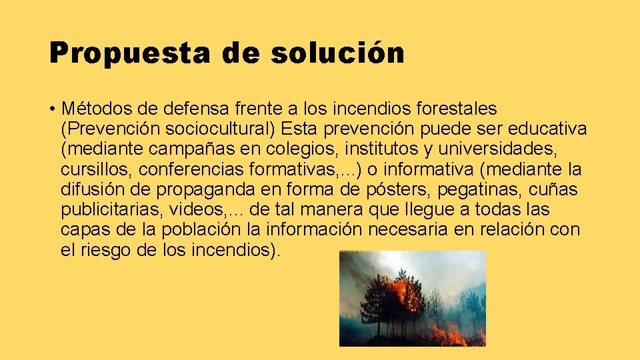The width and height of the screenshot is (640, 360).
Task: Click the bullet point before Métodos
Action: (51, 108)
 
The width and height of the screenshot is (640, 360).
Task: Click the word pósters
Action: (399, 190)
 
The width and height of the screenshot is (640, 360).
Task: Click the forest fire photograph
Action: (413, 298)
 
